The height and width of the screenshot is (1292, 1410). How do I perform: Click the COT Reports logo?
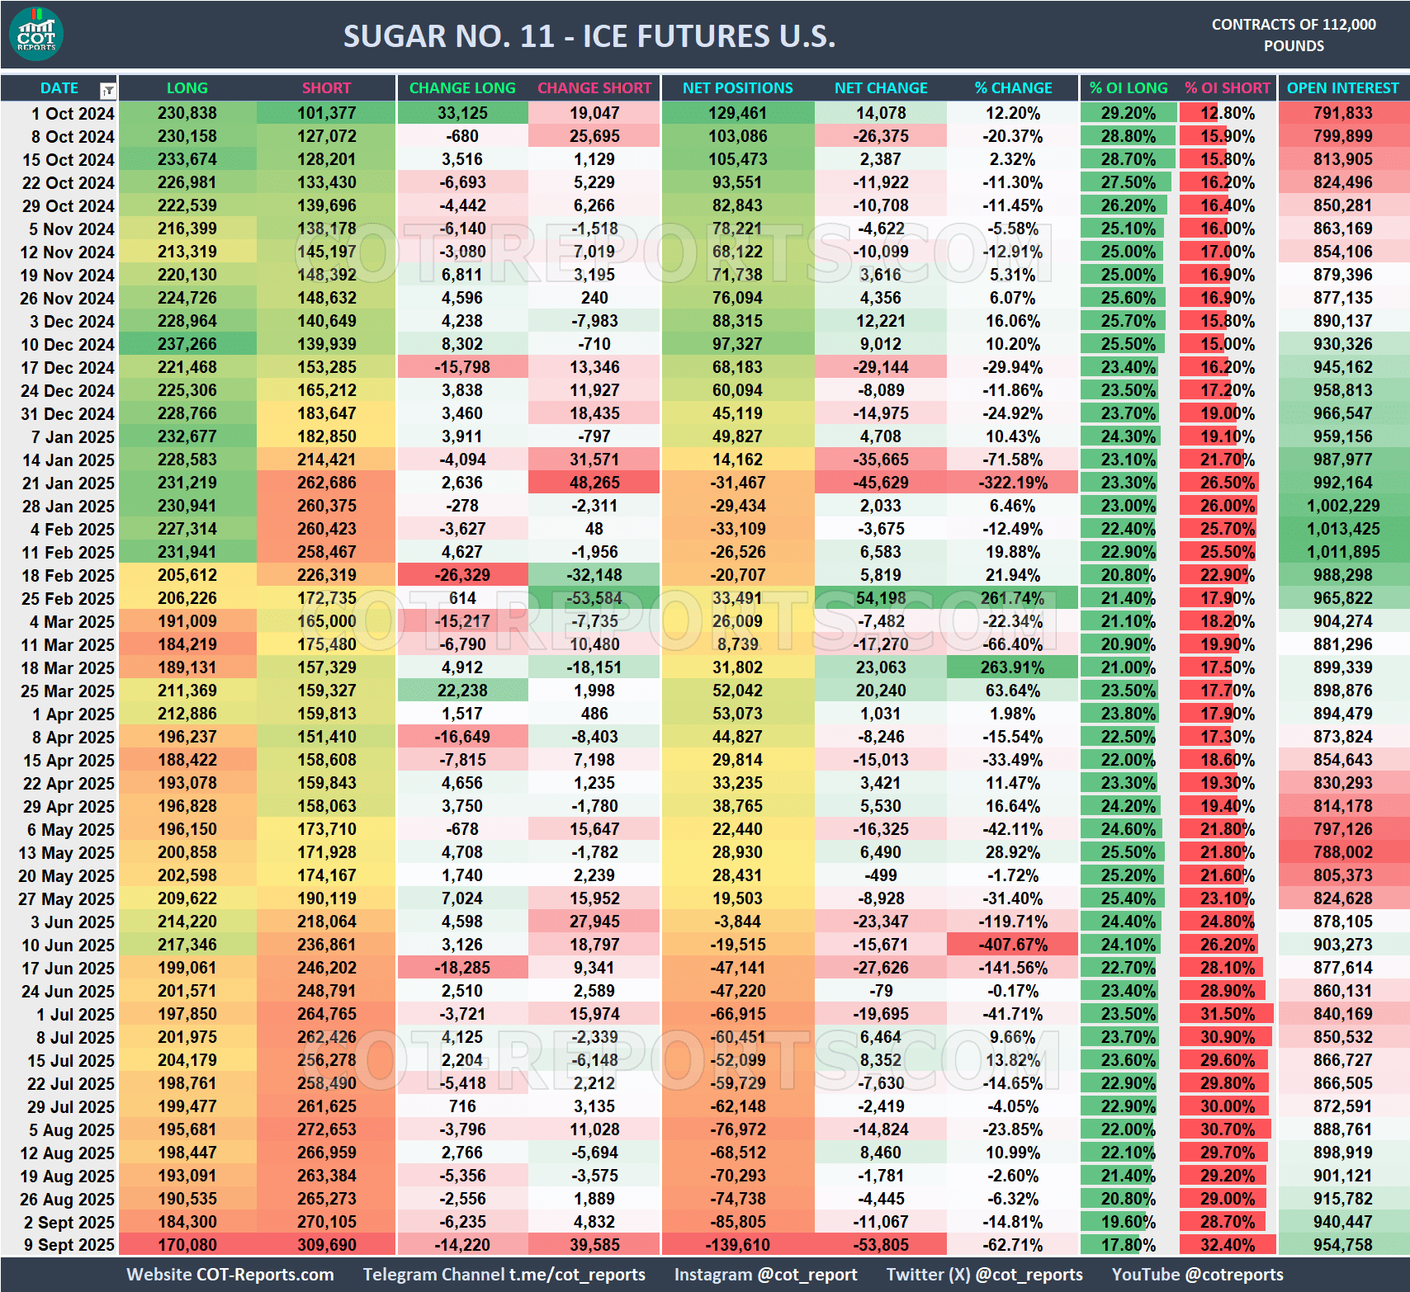tap(36, 35)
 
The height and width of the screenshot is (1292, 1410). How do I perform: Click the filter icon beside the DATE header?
tap(107, 90)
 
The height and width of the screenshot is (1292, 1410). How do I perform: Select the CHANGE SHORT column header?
tap(594, 88)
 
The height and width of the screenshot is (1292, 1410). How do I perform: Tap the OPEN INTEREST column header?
tap(1342, 88)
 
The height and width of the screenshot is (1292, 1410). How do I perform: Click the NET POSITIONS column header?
tap(737, 88)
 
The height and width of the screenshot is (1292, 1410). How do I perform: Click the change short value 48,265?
tap(594, 483)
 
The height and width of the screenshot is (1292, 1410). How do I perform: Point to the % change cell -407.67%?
tap(1013, 945)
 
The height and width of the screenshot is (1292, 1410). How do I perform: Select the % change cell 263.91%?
tap(1013, 668)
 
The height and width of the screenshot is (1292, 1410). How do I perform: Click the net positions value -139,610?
tap(737, 1246)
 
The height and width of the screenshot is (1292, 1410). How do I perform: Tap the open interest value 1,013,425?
tap(1342, 530)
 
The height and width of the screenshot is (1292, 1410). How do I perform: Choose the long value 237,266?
tap(187, 345)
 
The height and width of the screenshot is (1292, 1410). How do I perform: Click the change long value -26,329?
tap(462, 576)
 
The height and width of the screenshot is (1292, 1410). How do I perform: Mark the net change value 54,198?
tap(881, 599)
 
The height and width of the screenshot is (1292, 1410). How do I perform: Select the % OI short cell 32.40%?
tap(1227, 1246)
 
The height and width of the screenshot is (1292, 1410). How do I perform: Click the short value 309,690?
tap(327, 1246)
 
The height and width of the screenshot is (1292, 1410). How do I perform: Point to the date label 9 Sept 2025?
tap(69, 1246)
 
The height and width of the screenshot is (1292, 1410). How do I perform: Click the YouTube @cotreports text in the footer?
tap(1197, 1275)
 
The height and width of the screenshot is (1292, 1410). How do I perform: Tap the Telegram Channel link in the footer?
tap(504, 1275)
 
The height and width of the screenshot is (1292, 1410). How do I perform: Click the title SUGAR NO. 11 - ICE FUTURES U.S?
tap(589, 36)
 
